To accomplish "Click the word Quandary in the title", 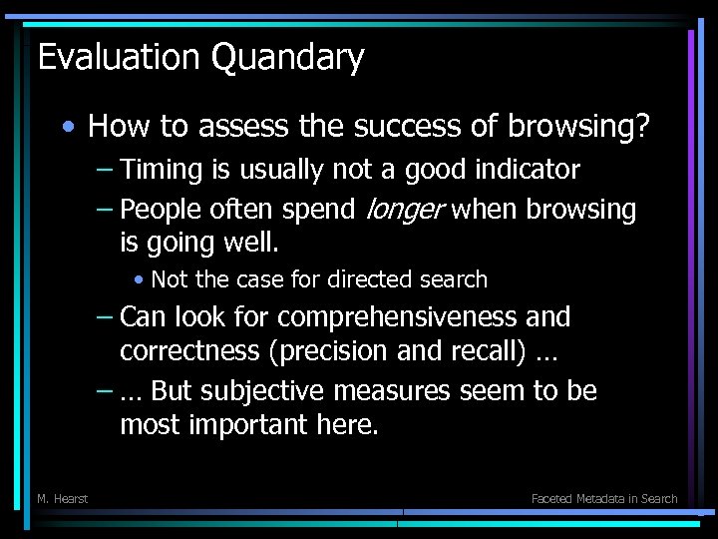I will point(288,58).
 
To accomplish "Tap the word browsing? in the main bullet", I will point(579,127).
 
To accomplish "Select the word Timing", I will point(161,171).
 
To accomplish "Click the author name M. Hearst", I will point(62,498).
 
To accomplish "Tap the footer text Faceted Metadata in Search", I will point(604,498).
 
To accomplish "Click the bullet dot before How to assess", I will point(66,128).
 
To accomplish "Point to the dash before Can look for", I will point(105,317).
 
